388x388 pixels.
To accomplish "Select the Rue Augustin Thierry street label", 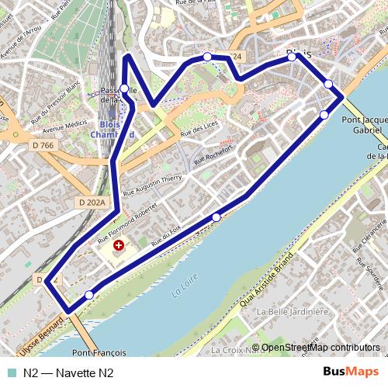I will click(x=152, y=184).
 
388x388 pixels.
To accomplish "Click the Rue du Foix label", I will click(x=166, y=237).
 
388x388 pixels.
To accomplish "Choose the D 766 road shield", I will click(x=44, y=145).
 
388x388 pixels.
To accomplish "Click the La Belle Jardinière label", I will click(x=292, y=311).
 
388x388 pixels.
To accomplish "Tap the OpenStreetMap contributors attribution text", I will click(x=320, y=347).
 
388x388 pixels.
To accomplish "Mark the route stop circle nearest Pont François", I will click(x=89, y=295).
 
